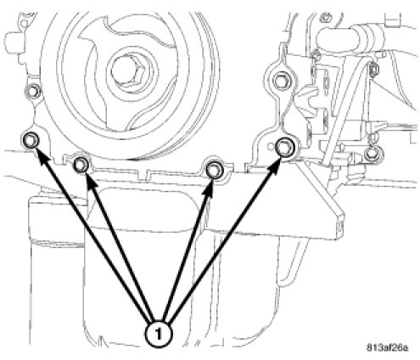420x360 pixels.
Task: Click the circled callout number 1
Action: tap(159, 335)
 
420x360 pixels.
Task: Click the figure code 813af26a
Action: tap(388, 347)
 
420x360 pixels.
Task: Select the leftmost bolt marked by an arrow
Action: tap(31, 140)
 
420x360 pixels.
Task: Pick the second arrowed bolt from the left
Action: tap(81, 165)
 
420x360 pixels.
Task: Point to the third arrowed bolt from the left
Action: tap(215, 171)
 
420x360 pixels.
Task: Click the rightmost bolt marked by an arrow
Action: tap(285, 148)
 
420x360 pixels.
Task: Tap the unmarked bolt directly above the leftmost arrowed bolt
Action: tap(31, 91)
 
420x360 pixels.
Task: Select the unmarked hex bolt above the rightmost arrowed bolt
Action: tap(282, 81)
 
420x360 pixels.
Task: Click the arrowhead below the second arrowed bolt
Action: tap(91, 183)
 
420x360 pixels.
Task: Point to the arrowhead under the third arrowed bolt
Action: tap(209, 189)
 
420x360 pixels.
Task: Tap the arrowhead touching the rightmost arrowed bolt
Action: tap(273, 166)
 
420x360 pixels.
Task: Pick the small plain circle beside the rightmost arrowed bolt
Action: tap(271, 146)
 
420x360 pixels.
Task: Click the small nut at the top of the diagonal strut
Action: tap(372, 70)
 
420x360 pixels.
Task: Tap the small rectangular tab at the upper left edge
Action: tap(11, 37)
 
